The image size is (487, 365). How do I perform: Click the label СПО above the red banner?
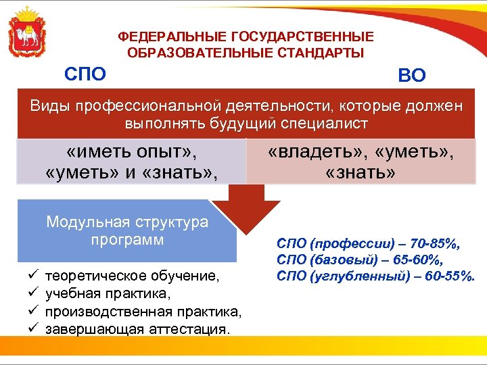[85, 74]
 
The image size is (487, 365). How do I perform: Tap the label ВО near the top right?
[412, 76]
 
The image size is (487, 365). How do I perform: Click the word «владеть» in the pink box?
[308, 152]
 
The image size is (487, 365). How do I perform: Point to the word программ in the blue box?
[128, 239]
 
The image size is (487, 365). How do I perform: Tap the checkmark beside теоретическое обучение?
[32, 276]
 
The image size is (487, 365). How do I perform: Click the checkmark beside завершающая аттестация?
[32, 329]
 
